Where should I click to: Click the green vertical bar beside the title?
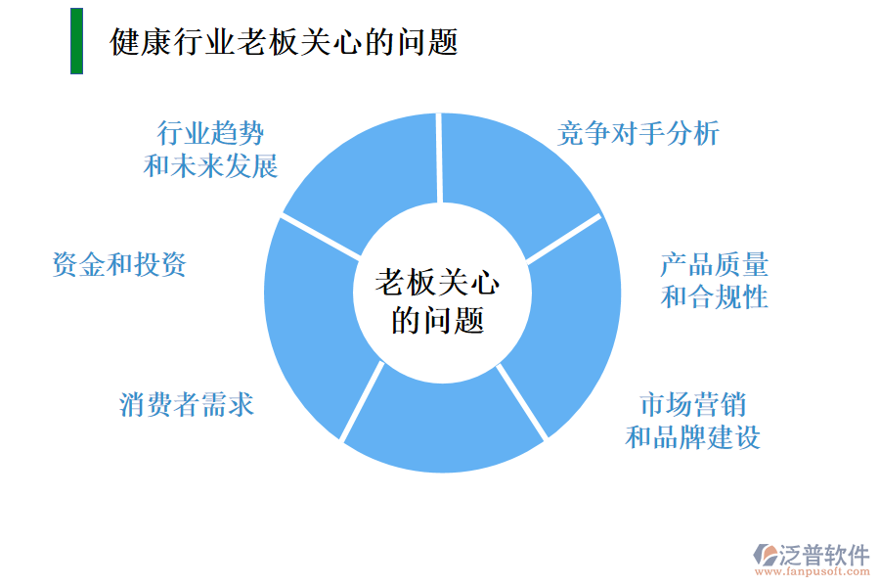tap(76, 41)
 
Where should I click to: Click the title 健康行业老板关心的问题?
tap(284, 42)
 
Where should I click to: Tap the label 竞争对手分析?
tap(638, 133)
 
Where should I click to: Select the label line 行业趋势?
tap(210, 132)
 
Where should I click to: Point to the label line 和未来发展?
tap(210, 165)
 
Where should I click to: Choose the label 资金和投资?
tap(118, 263)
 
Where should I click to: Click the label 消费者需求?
tap(187, 403)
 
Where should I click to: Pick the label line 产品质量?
tap(714, 264)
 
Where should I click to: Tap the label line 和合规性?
tap(714, 296)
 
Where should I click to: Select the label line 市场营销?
tap(693, 403)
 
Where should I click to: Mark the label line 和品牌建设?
tap(693, 436)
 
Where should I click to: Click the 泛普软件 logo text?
tap(823, 555)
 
